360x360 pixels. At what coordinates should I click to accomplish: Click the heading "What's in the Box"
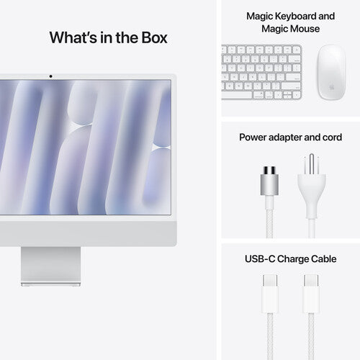click(108, 37)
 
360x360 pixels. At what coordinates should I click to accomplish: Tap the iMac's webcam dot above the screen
click(50, 75)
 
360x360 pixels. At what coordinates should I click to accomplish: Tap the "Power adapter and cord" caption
click(290, 136)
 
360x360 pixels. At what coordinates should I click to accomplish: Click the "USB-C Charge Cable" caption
click(290, 258)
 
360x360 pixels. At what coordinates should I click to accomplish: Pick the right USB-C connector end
click(312, 284)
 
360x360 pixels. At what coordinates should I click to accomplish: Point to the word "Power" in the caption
click(255, 136)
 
